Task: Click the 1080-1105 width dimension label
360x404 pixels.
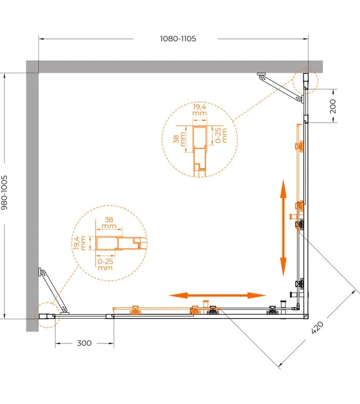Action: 178,39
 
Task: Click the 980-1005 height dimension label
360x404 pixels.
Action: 5,193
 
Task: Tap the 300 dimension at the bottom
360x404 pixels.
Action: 84,343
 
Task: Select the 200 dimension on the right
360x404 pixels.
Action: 333,106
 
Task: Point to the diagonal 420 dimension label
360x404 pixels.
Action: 317,327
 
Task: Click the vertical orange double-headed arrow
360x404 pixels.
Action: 283,228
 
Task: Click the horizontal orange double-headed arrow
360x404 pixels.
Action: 217,295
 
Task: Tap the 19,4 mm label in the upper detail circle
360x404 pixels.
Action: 200,110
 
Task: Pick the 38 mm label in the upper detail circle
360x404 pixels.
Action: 179,139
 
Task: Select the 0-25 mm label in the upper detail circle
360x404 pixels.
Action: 221,135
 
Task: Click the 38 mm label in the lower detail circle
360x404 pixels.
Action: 109,223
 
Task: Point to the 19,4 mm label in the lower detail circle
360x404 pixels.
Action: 79,243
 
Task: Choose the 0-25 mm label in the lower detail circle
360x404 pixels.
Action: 105,264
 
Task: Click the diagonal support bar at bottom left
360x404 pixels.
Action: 54,291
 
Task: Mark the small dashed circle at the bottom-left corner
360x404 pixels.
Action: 47,302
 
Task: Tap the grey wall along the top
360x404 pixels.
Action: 174,67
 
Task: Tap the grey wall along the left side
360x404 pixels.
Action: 32,196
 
